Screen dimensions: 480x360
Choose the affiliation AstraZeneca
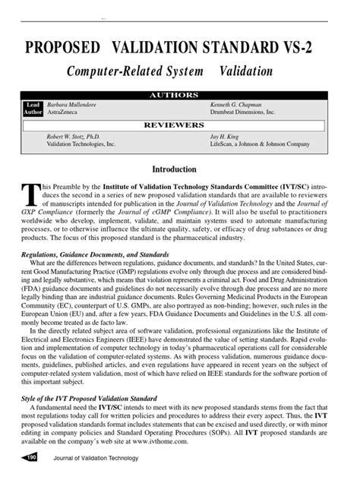65,110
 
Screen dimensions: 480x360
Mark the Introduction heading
175,169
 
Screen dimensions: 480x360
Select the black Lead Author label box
33,107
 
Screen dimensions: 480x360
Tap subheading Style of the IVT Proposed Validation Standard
90,398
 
